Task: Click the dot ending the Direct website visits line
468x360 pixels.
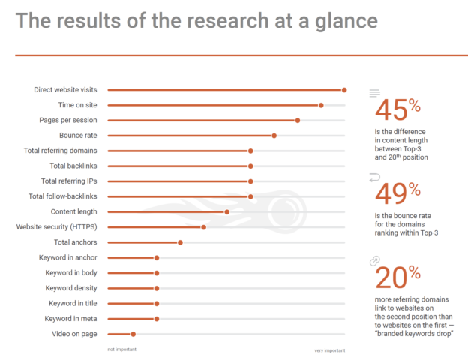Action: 344,90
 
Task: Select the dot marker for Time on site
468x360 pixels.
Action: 321,105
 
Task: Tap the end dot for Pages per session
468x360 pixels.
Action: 298,120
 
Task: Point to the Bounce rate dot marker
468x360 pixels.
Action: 274,136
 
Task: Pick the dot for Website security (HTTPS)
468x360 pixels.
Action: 204,226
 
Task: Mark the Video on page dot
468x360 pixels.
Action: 133,334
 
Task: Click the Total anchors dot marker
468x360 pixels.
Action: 181,242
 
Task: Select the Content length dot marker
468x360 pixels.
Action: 227,211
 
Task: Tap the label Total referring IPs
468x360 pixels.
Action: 73,181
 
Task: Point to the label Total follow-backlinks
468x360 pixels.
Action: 67,196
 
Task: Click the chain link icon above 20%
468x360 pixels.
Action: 375,260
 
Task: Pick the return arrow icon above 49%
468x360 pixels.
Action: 375,177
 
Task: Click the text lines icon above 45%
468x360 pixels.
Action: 375,93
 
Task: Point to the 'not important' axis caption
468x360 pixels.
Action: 121,349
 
